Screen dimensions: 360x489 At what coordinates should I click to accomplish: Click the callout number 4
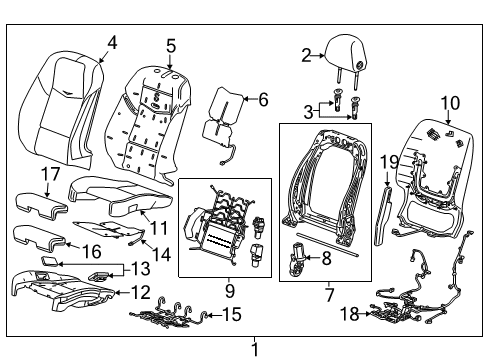coord(111,42)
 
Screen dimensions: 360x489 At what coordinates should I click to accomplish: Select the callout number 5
coord(171,45)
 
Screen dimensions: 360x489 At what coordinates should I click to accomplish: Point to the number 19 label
coord(389,161)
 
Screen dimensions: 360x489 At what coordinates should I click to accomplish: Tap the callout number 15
coord(231,316)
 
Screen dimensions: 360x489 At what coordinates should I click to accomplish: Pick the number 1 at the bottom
coord(254,348)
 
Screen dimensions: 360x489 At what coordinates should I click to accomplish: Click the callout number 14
coord(160,254)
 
